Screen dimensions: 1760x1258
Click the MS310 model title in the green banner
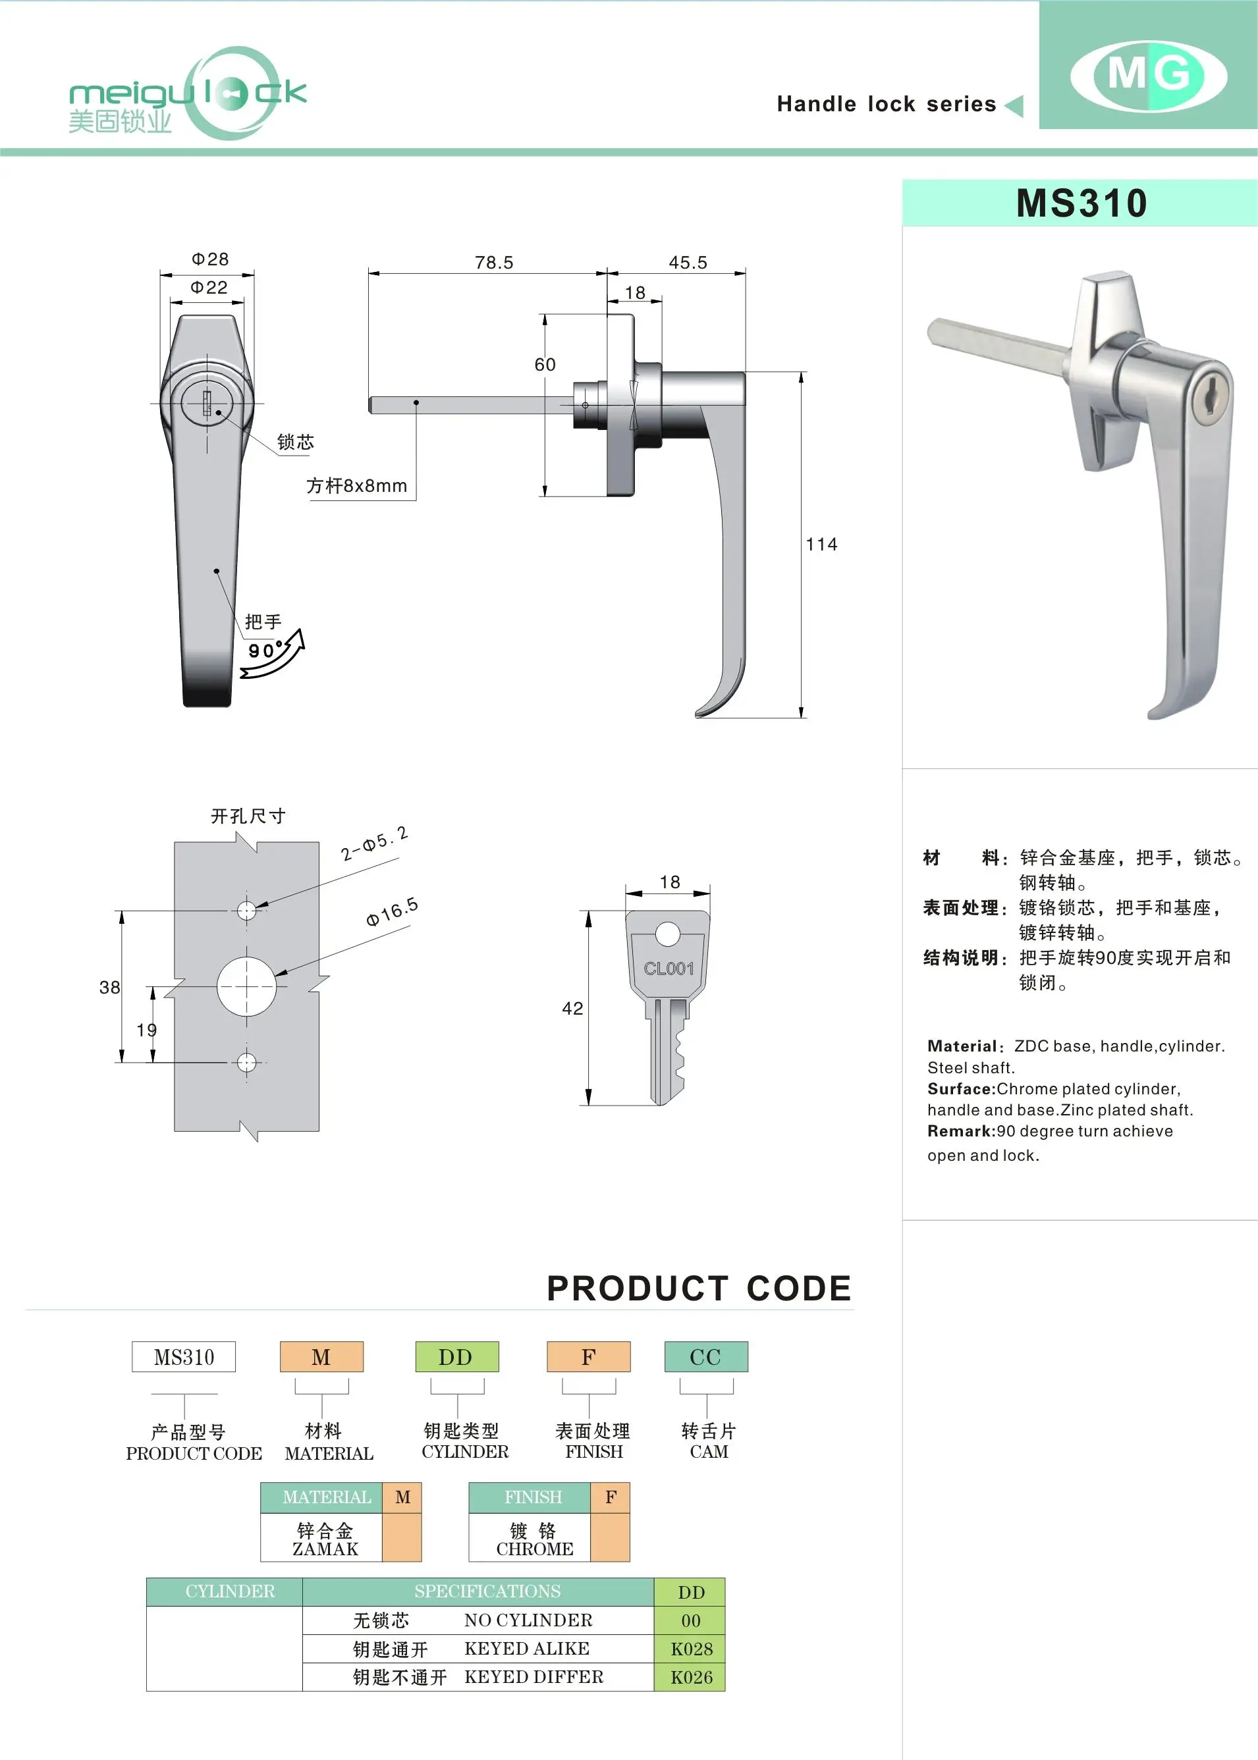[1081, 203]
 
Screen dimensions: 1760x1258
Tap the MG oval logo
[1148, 76]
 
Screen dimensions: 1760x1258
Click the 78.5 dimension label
[493, 263]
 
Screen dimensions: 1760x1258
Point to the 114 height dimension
[821, 545]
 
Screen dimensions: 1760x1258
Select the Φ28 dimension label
[210, 259]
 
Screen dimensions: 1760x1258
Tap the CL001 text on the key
[668, 969]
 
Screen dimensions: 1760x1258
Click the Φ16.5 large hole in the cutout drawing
[246, 986]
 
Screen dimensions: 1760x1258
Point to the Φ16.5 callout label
[392, 911]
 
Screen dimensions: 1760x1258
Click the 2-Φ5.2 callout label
[374, 843]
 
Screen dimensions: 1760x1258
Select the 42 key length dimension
[572, 1008]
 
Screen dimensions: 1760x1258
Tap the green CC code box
[705, 1356]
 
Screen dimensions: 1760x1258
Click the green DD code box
[456, 1356]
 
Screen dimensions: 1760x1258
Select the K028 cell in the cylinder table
[690, 1649]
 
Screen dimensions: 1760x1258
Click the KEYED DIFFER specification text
[533, 1676]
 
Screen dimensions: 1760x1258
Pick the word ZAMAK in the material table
[325, 1549]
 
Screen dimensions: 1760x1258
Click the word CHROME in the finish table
[535, 1549]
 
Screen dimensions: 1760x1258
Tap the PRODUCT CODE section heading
[699, 1289]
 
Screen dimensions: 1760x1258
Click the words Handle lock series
[886, 104]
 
